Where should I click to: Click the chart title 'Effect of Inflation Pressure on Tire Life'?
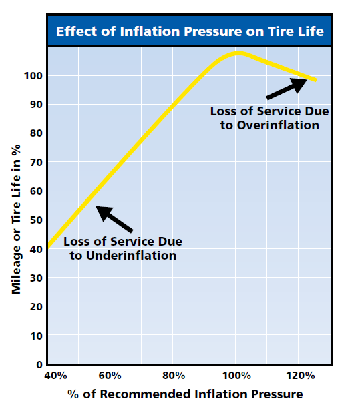pos(190,31)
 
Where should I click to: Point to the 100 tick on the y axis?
pos(33,76)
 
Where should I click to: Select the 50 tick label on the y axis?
pos(36,220)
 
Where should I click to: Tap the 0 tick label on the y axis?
pos(39,364)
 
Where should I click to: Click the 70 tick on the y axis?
pos(36,163)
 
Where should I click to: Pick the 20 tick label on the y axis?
pos(36,307)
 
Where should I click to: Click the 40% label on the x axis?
pos(55,376)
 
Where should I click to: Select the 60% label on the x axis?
pos(110,376)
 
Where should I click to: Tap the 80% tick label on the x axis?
pos(174,376)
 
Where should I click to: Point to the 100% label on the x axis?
pos(236,376)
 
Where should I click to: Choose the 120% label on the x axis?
pos(301,376)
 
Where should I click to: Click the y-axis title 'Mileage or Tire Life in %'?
pos(16,220)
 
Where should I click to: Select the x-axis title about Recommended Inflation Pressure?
pos(185,394)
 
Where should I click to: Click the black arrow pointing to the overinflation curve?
pos(286,89)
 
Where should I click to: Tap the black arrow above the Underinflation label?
pos(114,219)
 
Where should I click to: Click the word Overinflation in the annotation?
pos(278,125)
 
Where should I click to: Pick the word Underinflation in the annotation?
pos(131,256)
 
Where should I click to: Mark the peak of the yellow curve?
pos(238,53)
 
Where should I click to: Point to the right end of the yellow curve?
pos(317,81)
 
